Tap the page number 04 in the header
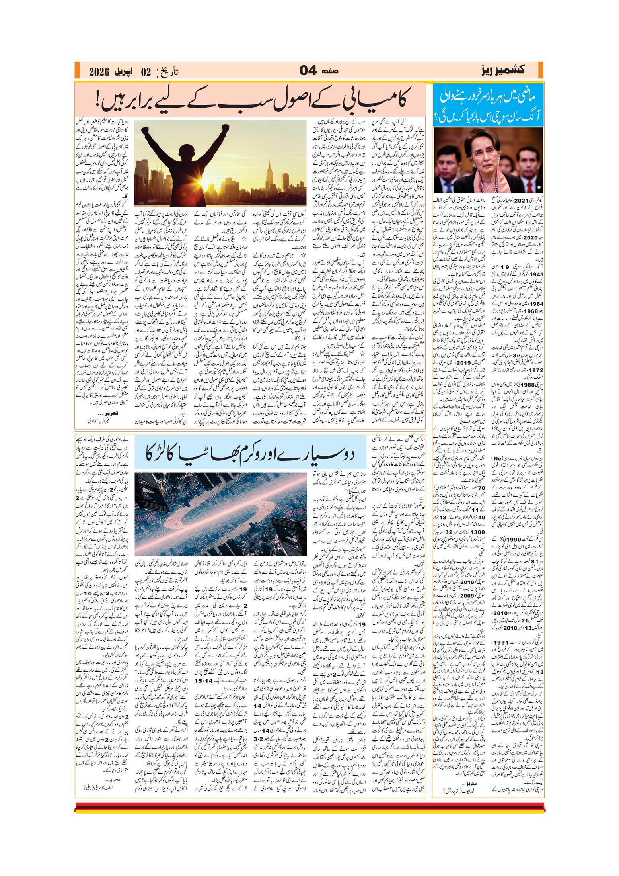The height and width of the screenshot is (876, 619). click(308, 71)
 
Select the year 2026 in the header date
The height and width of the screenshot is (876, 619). click(99, 72)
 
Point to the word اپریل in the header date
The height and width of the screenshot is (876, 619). click(125, 72)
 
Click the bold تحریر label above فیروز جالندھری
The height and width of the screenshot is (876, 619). click(108, 413)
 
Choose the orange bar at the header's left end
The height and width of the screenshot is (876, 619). click(77, 70)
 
